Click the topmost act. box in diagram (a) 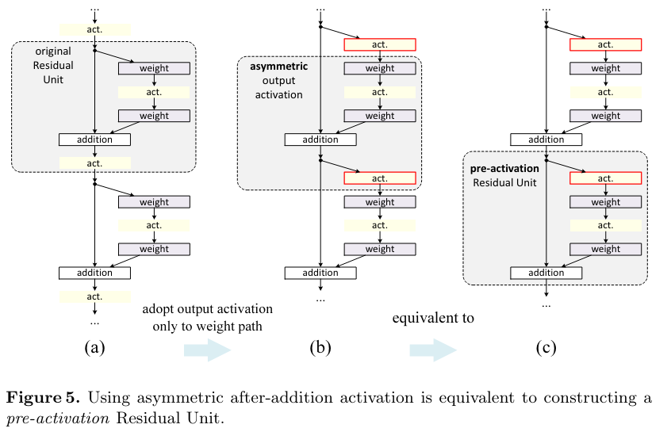pos(95,29)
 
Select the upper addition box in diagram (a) pos(94,140)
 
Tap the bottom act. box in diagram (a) pos(95,296)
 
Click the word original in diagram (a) pos(53,52)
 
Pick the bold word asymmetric pos(279,67)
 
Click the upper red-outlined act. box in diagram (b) pos(380,44)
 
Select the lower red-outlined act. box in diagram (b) pos(380,178)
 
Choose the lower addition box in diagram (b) pos(320,273)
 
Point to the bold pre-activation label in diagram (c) pos(504,169)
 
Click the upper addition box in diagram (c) pos(546,140)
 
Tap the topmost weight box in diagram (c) pos(605,68)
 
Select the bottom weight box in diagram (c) pos(605,250)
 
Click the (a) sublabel pos(94,347)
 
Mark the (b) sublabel pos(320,347)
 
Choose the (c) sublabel pos(546,347)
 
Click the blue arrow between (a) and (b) pos(208,350)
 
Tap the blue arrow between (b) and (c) pos(433,350)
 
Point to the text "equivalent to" pos(433,318)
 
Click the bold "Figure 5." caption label pos(43,398)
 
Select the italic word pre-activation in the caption pos(58,418)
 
